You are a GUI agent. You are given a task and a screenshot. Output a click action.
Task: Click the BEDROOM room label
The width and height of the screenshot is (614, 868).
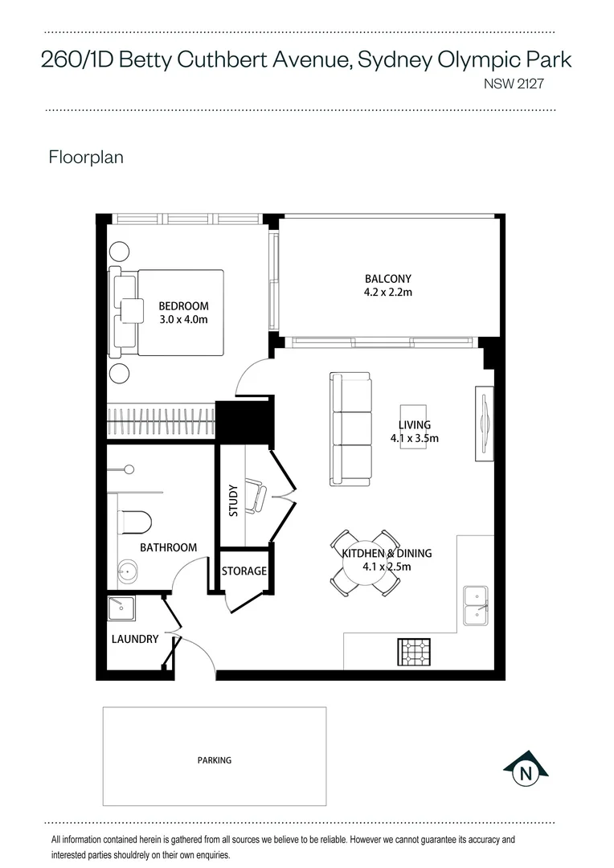click(x=183, y=306)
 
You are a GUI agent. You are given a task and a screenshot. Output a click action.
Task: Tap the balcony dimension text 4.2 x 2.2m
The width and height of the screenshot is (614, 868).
click(x=387, y=293)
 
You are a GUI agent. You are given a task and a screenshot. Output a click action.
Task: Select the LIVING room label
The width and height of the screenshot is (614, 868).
click(x=415, y=425)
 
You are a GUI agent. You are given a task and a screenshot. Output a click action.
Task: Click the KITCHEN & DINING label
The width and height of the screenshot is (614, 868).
click(x=387, y=553)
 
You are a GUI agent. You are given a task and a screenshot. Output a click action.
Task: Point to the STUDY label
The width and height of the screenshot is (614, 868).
click(x=233, y=500)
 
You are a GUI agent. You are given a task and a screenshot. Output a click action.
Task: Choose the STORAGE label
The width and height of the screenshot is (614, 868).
click(x=244, y=571)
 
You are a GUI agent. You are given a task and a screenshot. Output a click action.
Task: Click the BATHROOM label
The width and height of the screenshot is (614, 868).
click(x=168, y=547)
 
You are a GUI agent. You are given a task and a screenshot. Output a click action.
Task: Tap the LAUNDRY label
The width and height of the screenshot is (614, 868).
click(x=134, y=640)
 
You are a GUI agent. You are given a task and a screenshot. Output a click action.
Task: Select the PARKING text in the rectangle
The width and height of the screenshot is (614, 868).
click(x=215, y=759)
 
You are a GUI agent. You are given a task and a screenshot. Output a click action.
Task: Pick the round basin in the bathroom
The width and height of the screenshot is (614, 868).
click(x=126, y=572)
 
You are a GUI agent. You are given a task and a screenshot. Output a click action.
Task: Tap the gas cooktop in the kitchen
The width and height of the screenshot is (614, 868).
click(x=414, y=652)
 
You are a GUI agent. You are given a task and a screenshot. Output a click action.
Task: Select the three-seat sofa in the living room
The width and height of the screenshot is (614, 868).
click(x=350, y=428)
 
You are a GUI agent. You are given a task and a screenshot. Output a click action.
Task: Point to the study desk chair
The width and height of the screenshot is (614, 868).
click(x=256, y=497)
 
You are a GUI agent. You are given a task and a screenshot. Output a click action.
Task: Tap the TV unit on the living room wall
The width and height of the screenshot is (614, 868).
click(x=485, y=424)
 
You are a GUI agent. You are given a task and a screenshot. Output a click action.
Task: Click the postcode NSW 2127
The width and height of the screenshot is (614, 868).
click(x=517, y=82)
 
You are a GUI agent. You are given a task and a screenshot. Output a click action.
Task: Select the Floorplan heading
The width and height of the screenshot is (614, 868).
click(x=86, y=157)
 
